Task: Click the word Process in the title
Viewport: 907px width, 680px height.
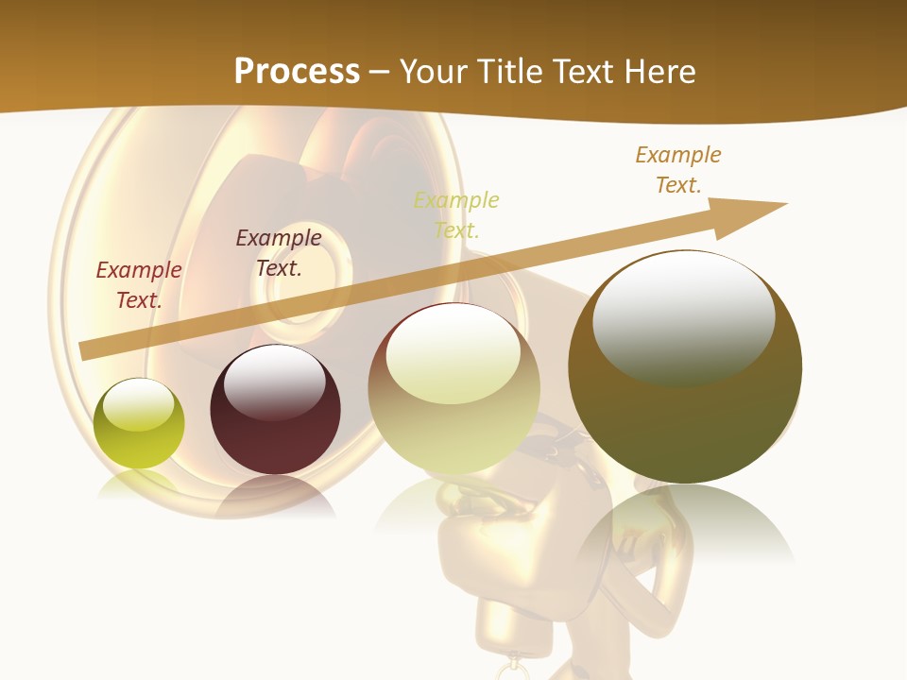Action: tap(297, 71)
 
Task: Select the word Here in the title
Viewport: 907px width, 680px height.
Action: tap(659, 71)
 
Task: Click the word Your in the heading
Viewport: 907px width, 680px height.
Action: tap(436, 71)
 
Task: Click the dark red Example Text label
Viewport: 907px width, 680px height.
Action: tap(139, 284)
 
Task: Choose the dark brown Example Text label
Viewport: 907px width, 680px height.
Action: tap(279, 252)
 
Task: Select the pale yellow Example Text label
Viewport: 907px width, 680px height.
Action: tap(456, 214)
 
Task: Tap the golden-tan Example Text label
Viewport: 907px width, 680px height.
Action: tap(678, 169)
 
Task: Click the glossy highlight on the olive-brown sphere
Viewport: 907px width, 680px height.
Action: tap(683, 316)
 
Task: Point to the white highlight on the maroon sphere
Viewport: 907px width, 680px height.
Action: tap(275, 382)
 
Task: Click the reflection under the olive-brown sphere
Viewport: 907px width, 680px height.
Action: tap(685, 524)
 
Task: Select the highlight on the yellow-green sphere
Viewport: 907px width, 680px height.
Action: tap(139, 405)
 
